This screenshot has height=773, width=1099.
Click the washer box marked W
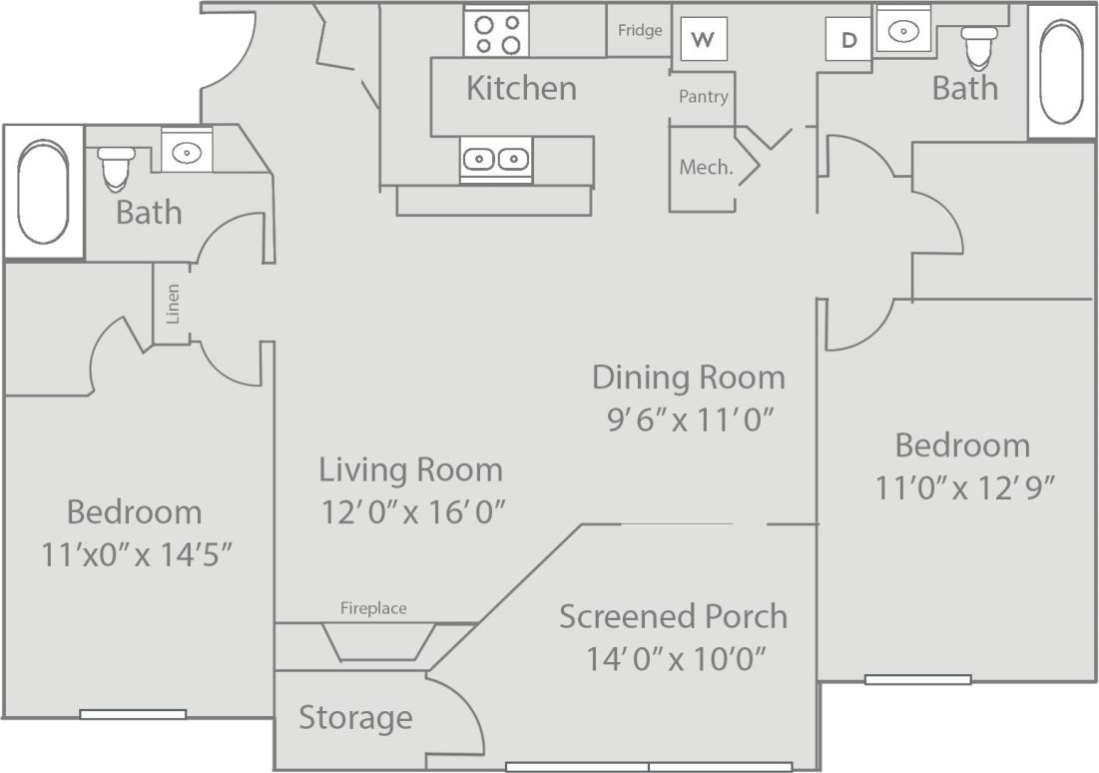coord(704,40)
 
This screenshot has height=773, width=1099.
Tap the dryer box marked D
coord(848,40)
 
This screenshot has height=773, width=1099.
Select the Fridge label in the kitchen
coord(640,31)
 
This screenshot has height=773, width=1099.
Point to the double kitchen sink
coord(496,159)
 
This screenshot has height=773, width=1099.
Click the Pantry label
coord(704,97)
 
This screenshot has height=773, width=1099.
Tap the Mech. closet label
coord(706,168)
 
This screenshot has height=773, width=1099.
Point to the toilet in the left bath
coord(117,167)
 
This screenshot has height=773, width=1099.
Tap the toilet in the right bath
coord(979,44)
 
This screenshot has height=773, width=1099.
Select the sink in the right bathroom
coord(903,32)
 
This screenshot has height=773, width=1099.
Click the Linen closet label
coord(173,305)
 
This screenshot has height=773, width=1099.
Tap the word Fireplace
coord(373,607)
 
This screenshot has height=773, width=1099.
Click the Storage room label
coord(355,717)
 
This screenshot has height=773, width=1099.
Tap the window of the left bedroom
coord(133,713)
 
